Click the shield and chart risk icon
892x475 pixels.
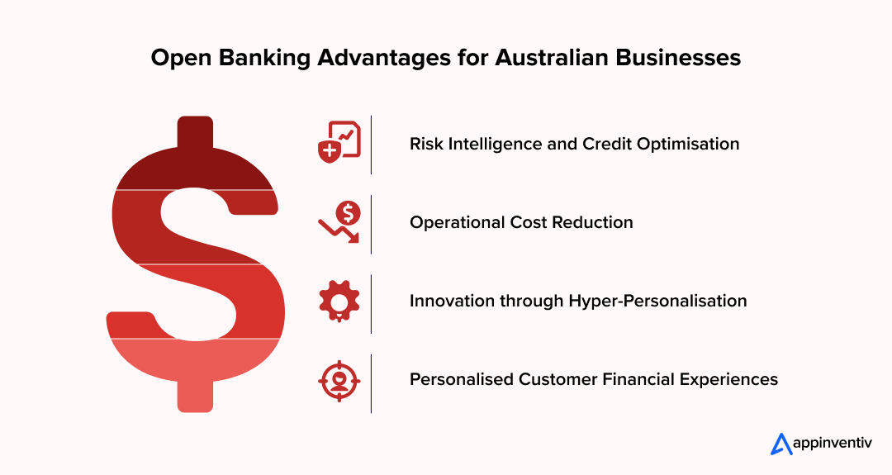point(339,144)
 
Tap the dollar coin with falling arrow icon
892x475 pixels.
point(339,223)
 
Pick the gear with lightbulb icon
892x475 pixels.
point(339,302)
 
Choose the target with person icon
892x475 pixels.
point(339,380)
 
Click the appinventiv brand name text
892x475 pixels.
point(835,444)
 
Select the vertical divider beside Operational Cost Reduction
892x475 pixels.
point(371,224)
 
